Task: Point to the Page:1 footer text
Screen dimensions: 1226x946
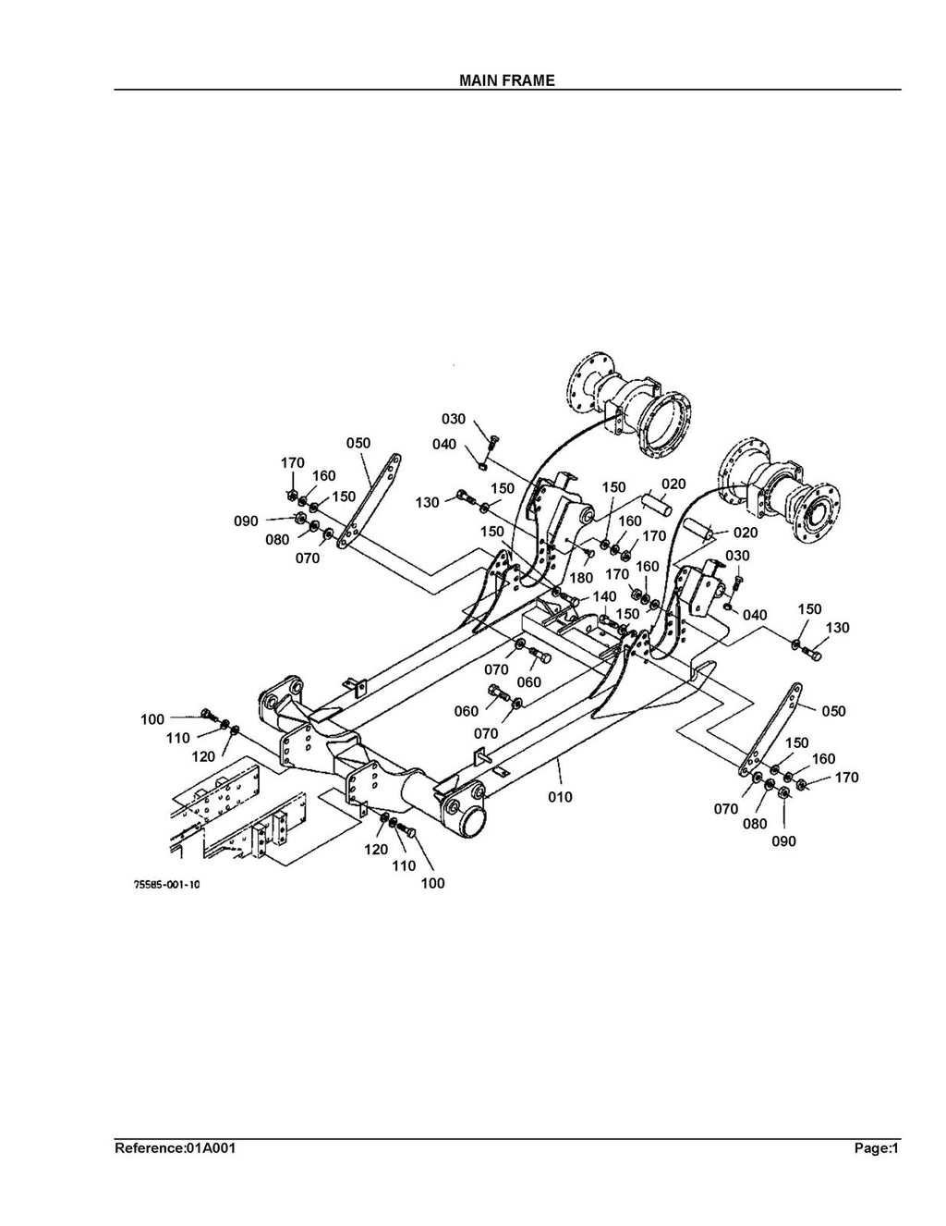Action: (x=876, y=1149)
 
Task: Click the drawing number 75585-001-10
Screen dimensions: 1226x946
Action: (x=167, y=885)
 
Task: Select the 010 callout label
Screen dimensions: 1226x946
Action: (x=560, y=797)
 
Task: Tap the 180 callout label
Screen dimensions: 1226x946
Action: (x=581, y=578)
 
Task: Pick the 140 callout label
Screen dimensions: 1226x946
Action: (x=604, y=596)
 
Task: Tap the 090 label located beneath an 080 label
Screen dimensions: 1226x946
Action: (x=783, y=841)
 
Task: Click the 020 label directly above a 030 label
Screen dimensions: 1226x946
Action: (x=745, y=533)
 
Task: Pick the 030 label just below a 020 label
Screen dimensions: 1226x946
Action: (x=738, y=556)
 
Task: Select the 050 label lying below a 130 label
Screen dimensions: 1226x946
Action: (x=833, y=711)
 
